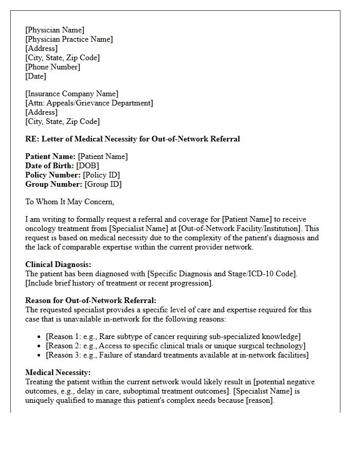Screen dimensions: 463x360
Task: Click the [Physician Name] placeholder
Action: [55, 30]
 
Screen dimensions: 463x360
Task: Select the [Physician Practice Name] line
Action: [69, 39]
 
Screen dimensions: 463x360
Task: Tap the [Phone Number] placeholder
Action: [52, 67]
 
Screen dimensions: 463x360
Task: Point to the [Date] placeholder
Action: [35, 76]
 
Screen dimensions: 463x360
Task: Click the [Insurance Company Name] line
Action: [71, 94]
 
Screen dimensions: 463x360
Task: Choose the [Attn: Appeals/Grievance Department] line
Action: [89, 103]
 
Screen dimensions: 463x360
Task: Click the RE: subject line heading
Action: [132, 139]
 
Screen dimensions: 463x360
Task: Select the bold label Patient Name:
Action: [50, 156]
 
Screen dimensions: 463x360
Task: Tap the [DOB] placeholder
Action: [87, 166]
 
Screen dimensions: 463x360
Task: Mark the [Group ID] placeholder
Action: [103, 184]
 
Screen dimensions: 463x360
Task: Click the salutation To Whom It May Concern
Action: [69, 202]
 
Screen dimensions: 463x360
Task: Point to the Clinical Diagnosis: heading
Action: [58, 264]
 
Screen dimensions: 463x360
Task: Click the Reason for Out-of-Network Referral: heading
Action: [91, 300]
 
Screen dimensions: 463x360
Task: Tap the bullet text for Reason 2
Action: [175, 346]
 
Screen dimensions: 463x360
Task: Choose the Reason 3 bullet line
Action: [177, 355]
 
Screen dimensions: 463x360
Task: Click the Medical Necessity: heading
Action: [58, 372]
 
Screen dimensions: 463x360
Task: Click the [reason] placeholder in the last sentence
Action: [260, 400]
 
